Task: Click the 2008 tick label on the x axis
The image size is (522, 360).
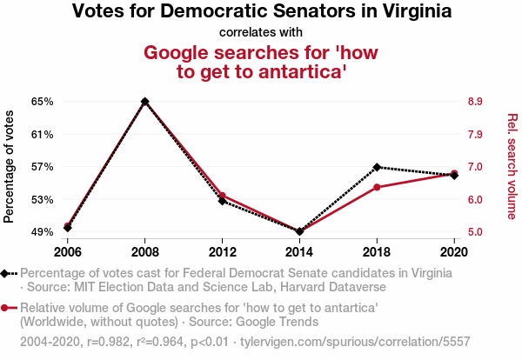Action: pyautogui.click(x=144, y=251)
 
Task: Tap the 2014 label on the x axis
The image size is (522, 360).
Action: pyautogui.click(x=299, y=251)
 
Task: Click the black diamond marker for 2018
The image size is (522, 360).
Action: pyautogui.click(x=377, y=167)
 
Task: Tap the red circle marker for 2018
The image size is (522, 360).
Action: pyautogui.click(x=377, y=187)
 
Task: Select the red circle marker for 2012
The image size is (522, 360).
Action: pyautogui.click(x=223, y=196)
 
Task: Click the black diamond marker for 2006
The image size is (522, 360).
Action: pyautogui.click(x=67, y=228)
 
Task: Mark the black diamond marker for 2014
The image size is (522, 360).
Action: pyautogui.click(x=299, y=231)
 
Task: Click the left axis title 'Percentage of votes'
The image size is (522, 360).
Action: pyautogui.click(x=10, y=166)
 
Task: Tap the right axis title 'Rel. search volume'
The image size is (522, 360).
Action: pyautogui.click(x=512, y=166)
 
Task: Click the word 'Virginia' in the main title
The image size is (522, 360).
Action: pyautogui.click(x=409, y=12)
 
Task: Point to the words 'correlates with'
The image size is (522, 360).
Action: pyautogui.click(x=261, y=33)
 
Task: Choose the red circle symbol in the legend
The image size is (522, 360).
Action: pyautogui.click(x=6, y=308)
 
